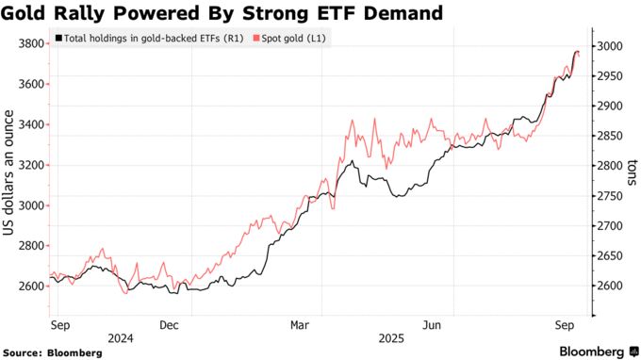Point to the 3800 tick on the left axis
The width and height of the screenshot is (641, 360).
click(30, 43)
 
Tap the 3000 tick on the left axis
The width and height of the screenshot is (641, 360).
click(30, 205)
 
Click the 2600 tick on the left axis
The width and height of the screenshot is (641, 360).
click(30, 286)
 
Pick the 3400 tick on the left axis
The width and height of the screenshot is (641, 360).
click(30, 124)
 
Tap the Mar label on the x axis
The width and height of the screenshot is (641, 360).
click(299, 325)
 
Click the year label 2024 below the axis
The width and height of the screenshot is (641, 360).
click(120, 336)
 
